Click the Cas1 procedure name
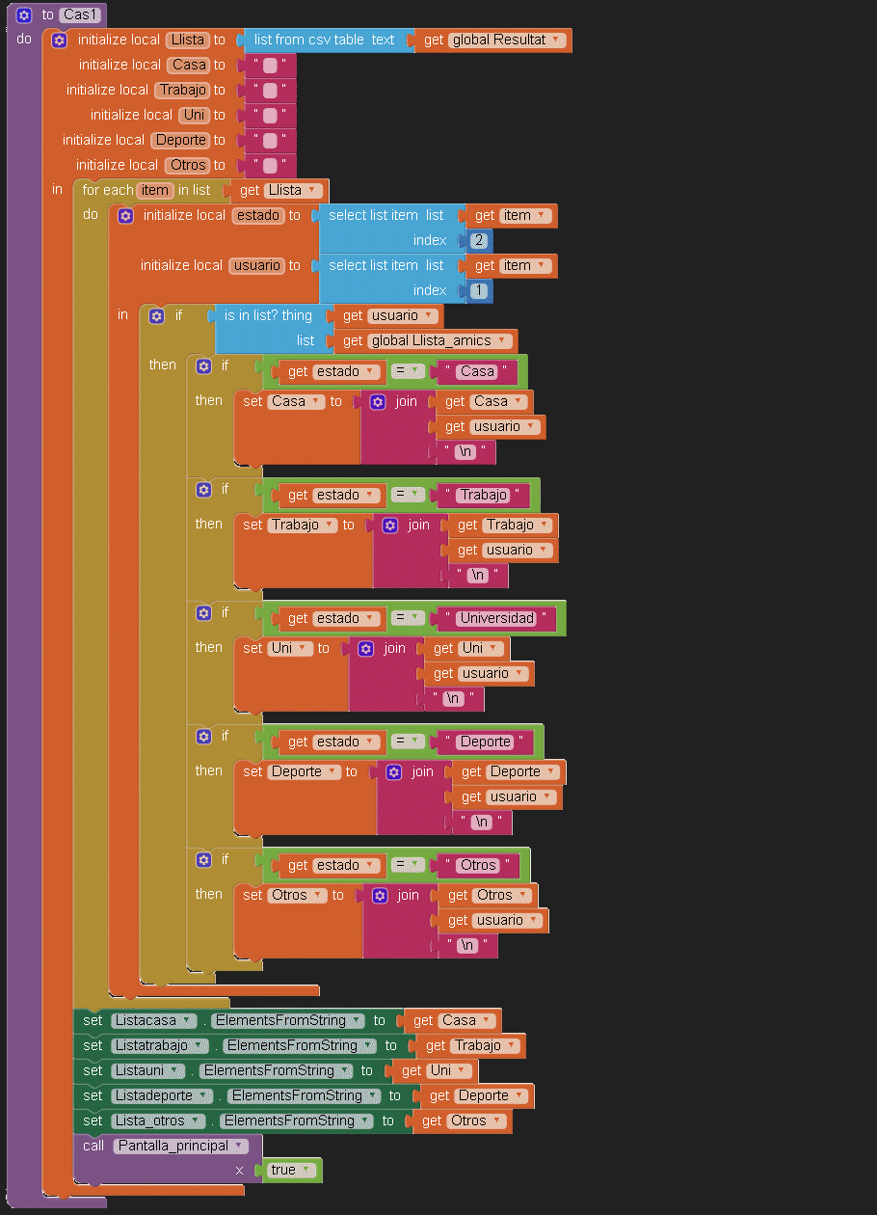(x=80, y=14)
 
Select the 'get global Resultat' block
(x=492, y=40)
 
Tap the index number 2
(x=479, y=240)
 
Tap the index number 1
(x=479, y=290)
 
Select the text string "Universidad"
(x=495, y=618)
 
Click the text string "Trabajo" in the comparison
(x=482, y=495)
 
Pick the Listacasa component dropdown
(x=153, y=1020)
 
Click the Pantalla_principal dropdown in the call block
(x=180, y=1146)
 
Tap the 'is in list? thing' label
(x=268, y=315)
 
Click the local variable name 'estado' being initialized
(x=258, y=215)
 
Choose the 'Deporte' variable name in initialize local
(x=181, y=140)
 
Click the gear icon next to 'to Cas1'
(x=24, y=14)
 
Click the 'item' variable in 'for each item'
(x=154, y=190)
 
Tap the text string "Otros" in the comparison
(x=478, y=865)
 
